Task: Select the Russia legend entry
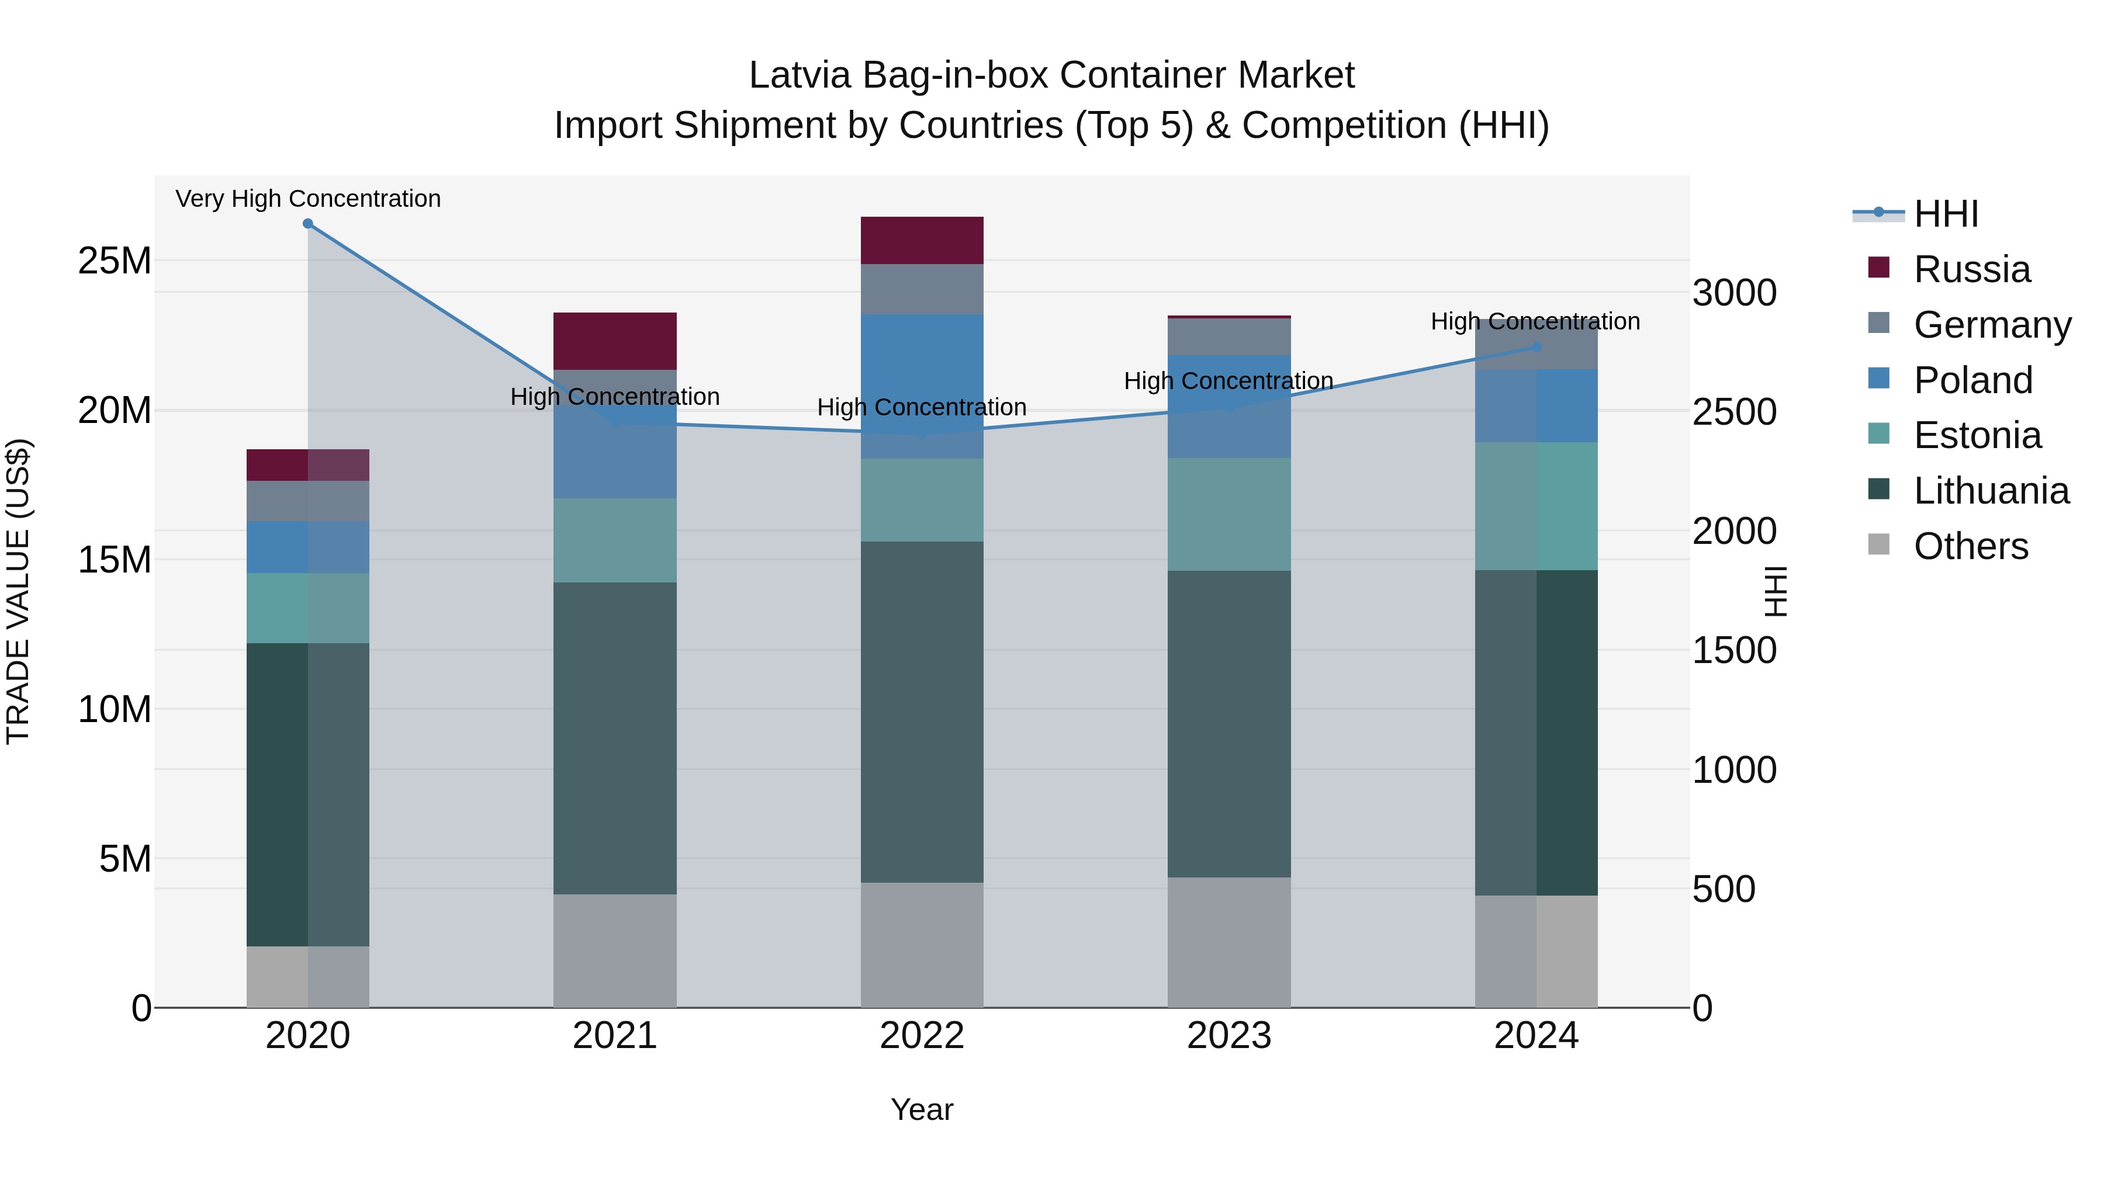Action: coord(1971,269)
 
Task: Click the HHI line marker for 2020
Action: coord(308,224)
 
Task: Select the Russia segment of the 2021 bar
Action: coord(614,341)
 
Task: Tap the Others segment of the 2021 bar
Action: coord(614,950)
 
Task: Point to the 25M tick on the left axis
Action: coord(115,261)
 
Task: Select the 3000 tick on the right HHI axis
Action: coord(1734,293)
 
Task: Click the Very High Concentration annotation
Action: coord(308,199)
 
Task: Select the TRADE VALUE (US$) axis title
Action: coord(18,591)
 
